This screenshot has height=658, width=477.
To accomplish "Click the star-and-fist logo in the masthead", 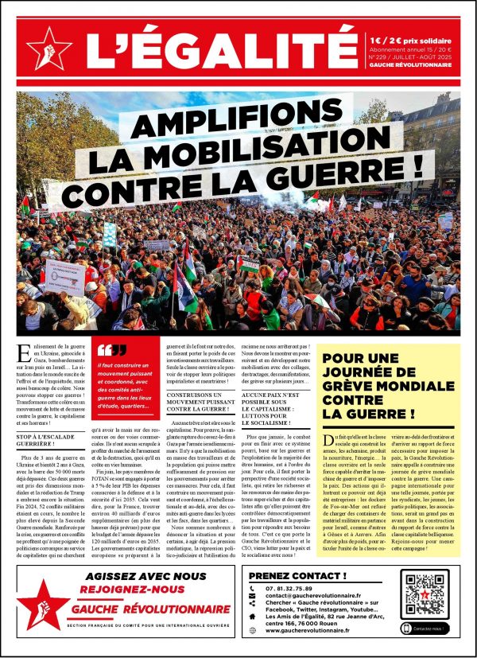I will point(49,48).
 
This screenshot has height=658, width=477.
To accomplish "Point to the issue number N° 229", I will point(385,56).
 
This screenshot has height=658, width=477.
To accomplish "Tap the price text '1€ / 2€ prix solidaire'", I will point(413,38).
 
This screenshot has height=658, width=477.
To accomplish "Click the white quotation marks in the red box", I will point(111,349).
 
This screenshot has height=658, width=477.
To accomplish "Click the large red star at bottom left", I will point(45,602).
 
